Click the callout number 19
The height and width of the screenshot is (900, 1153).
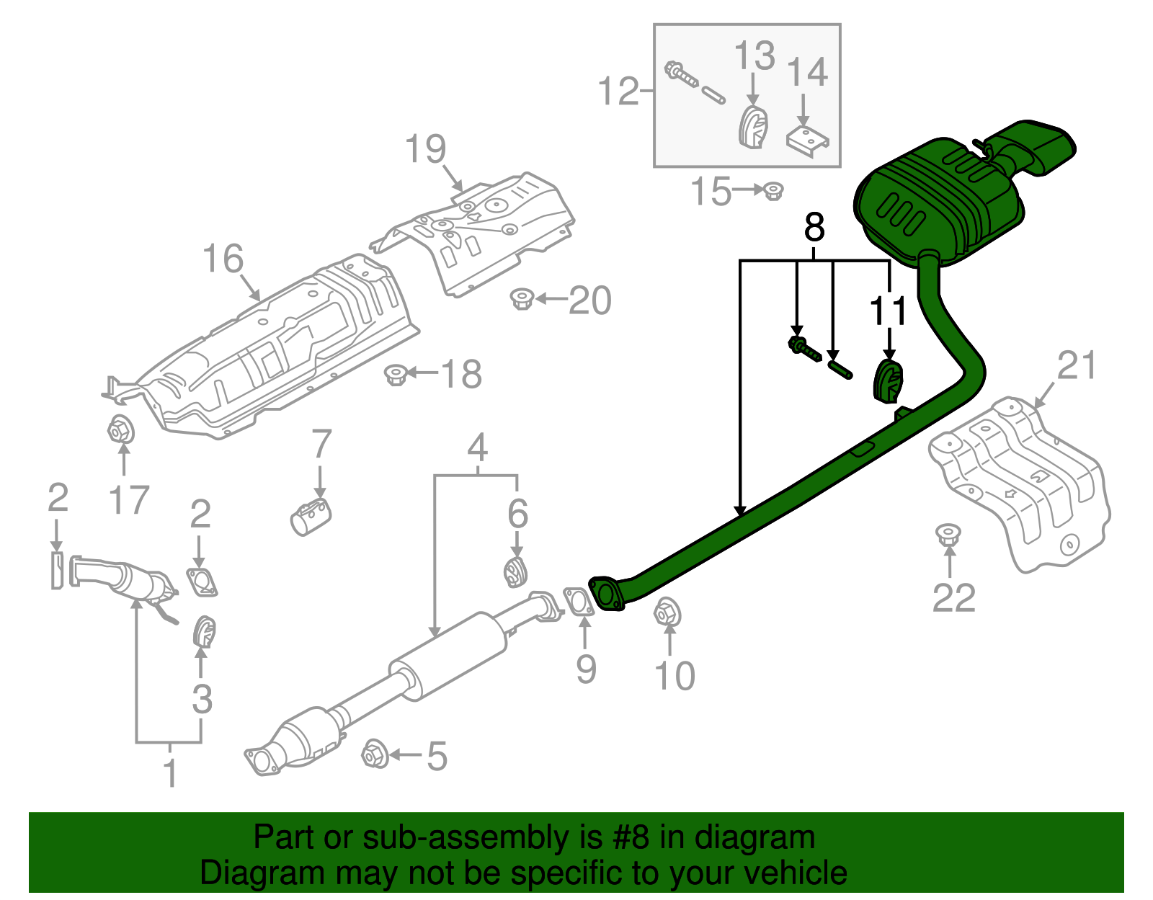click(426, 150)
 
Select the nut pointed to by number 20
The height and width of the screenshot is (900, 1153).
click(521, 298)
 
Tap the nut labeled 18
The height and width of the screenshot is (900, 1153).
click(396, 375)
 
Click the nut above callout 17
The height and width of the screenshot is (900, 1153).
click(120, 431)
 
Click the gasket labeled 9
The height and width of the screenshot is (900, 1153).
click(578, 602)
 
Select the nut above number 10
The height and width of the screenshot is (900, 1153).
click(667, 613)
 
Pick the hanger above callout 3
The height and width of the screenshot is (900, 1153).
click(205, 633)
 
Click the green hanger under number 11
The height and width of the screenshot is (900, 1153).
click(889, 382)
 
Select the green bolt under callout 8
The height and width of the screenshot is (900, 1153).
click(804, 348)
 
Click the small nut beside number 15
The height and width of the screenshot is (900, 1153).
click(773, 191)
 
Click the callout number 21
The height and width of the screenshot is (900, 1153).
click(1077, 365)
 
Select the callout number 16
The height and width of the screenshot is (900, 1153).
click(223, 259)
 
